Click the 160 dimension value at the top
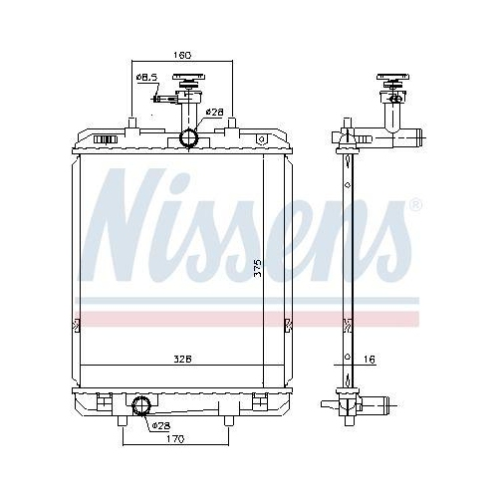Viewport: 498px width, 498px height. click(x=181, y=55)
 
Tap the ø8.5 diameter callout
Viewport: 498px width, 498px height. click(x=146, y=78)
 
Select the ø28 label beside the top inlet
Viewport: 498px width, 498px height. click(x=213, y=113)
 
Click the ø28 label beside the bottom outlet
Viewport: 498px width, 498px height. click(x=159, y=425)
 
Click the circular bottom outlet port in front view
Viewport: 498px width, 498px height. click(x=140, y=404)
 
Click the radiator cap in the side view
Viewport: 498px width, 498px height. click(x=392, y=83)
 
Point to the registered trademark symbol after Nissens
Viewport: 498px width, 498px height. click(x=415, y=206)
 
